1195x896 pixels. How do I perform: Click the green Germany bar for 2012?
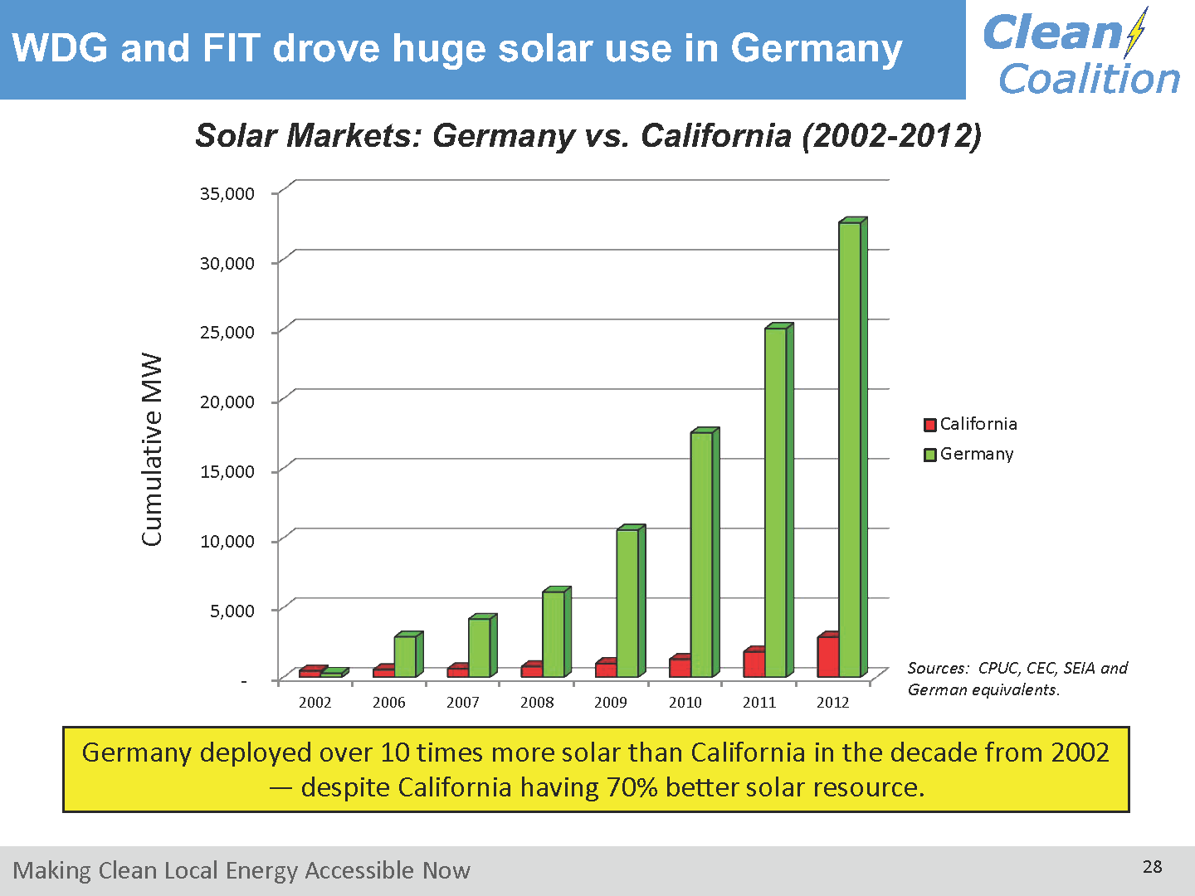point(850,448)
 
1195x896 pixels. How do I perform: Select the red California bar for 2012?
point(827,656)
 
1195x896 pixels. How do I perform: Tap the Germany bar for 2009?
point(627,602)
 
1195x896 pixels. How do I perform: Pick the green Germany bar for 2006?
point(405,655)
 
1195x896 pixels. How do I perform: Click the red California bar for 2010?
point(680,667)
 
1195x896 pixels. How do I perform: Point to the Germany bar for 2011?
point(776,502)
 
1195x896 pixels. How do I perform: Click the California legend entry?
point(970,424)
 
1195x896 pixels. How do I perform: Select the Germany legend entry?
point(968,454)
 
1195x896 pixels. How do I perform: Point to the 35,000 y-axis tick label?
point(227,193)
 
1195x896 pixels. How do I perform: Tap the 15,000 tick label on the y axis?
point(227,471)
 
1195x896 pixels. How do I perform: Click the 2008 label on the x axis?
point(537,703)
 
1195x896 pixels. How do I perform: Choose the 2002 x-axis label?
point(315,703)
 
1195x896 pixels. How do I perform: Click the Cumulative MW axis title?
point(152,450)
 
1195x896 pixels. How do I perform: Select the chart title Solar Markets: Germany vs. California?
point(588,135)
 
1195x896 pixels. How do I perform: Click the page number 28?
point(1152,867)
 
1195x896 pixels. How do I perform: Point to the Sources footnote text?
point(1017,679)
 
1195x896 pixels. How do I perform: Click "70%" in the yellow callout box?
point(632,786)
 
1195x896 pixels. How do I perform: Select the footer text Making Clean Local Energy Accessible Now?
point(241,870)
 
